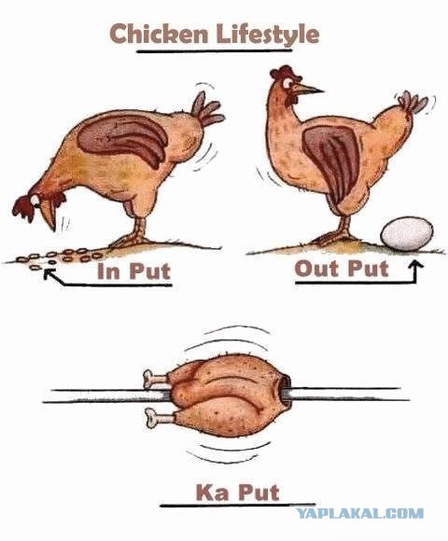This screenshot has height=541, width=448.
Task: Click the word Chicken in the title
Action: (x=159, y=34)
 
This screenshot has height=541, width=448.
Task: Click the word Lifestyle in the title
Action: (x=268, y=35)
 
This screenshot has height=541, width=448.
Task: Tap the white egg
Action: (x=407, y=234)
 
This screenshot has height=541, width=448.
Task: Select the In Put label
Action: (x=134, y=271)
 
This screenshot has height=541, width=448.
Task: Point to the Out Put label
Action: (x=342, y=269)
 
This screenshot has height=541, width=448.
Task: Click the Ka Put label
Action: (x=237, y=492)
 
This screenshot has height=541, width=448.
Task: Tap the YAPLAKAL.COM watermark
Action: (x=360, y=513)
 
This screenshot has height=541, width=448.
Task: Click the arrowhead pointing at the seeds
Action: (x=49, y=273)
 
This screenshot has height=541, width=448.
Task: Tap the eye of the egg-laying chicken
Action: (x=287, y=83)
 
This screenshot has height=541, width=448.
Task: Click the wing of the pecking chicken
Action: (x=123, y=139)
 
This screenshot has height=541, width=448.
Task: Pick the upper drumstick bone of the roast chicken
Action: (x=155, y=379)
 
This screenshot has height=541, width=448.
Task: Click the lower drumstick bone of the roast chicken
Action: (x=158, y=417)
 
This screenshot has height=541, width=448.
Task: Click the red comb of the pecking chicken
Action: (x=25, y=207)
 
